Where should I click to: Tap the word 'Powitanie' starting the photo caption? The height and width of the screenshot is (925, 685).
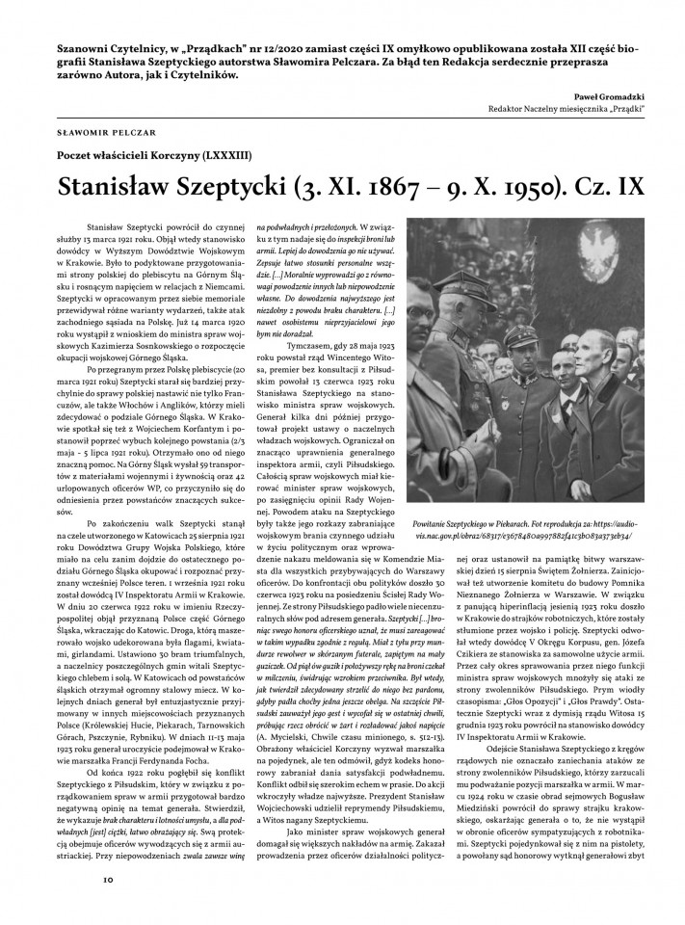click(431, 518)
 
